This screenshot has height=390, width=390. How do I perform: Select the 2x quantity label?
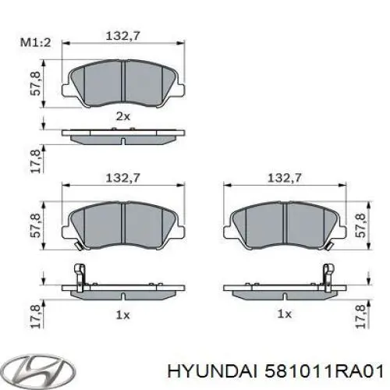[122, 115]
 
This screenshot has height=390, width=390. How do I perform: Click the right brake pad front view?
[285, 224]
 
